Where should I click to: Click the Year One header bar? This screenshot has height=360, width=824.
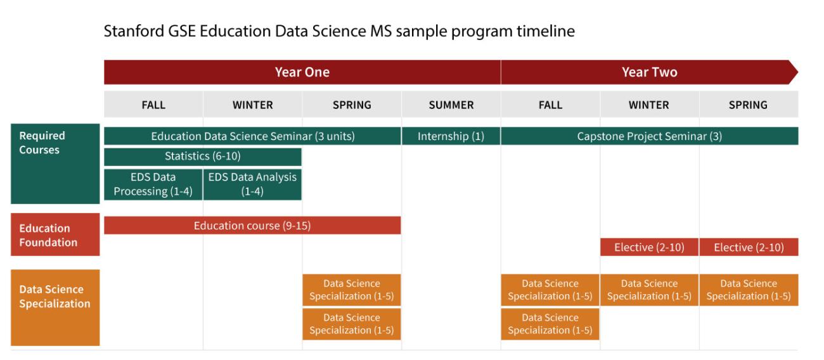302,72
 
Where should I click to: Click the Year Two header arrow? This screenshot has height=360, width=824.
649,72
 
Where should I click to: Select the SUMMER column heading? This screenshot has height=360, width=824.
451,105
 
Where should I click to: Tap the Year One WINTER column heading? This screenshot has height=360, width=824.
252,105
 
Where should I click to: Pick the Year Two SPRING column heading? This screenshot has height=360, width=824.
748,105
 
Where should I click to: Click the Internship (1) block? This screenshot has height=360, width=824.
451,136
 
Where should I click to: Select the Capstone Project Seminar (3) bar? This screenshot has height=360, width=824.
649,136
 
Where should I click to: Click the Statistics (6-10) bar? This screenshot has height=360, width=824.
202,157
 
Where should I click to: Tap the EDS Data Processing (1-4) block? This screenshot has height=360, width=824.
153,184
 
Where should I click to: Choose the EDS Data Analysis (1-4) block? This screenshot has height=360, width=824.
252,184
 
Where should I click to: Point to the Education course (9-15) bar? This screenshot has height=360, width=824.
252,226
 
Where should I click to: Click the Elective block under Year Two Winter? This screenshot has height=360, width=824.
649,247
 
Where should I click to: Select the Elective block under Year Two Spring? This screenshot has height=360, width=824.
749,247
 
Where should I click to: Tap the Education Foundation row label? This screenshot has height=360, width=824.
55,235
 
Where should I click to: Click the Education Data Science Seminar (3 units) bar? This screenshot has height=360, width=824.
252,136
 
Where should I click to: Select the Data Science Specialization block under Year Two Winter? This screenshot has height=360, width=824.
649,290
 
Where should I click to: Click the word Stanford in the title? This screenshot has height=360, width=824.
131,31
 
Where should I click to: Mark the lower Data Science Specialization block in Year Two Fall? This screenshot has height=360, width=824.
550,324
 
